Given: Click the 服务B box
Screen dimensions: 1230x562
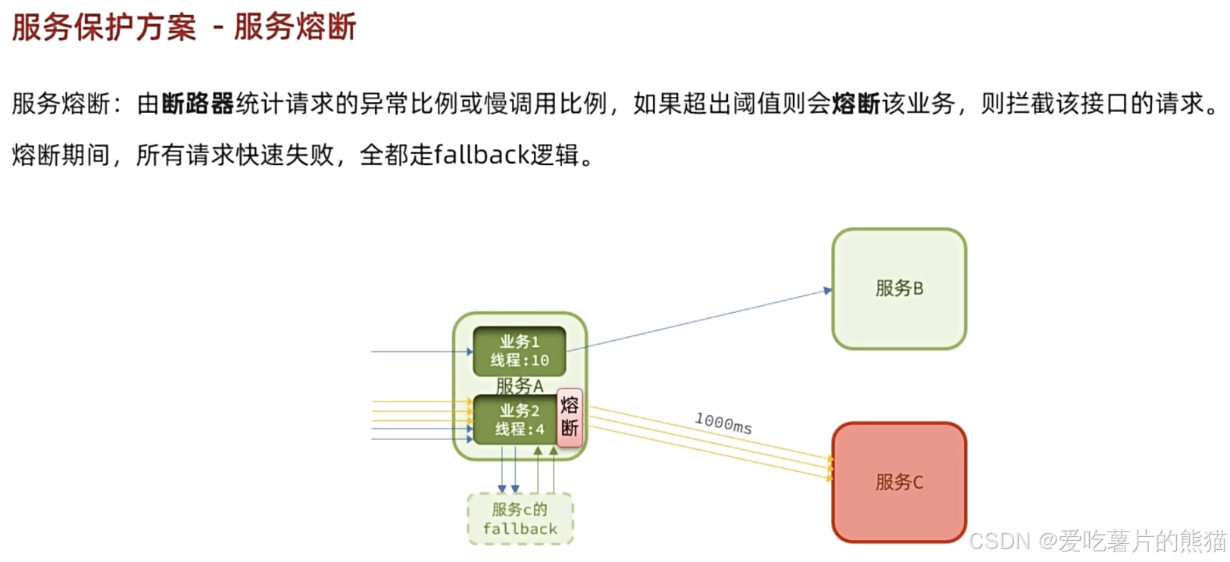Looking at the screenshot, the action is pyautogui.click(x=899, y=289).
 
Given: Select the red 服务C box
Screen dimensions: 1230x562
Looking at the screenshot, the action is pyautogui.click(x=899, y=482).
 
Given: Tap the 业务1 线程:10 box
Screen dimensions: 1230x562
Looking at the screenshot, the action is pyautogui.click(x=519, y=351).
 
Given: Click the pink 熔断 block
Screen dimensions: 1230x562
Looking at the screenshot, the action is pyautogui.click(x=570, y=417).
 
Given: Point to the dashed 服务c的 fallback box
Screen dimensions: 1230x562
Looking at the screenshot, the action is pyautogui.click(x=520, y=519).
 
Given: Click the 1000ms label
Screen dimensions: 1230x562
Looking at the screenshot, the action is pyautogui.click(x=723, y=423).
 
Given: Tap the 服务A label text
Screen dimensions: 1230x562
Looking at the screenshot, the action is pyautogui.click(x=520, y=386).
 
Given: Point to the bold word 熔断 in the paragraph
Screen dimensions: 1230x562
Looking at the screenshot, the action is pyautogui.click(x=856, y=103).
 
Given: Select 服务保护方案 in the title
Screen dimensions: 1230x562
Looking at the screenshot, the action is pyautogui.click(x=104, y=27).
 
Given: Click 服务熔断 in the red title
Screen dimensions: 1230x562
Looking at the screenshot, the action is pyautogui.click(x=295, y=27).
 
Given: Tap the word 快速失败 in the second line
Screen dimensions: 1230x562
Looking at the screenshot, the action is pyautogui.click(x=285, y=155).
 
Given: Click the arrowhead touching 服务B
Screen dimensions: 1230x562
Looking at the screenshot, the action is pyautogui.click(x=828, y=290).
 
